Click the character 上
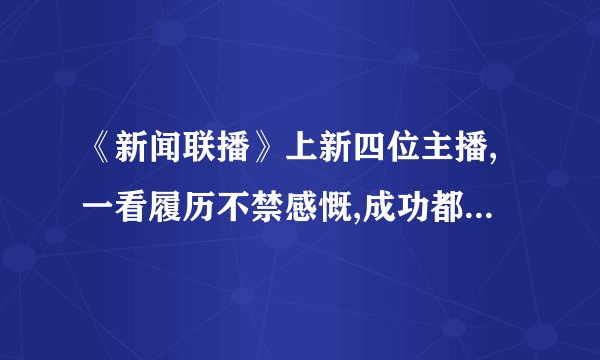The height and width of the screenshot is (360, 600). [x=304, y=157]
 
